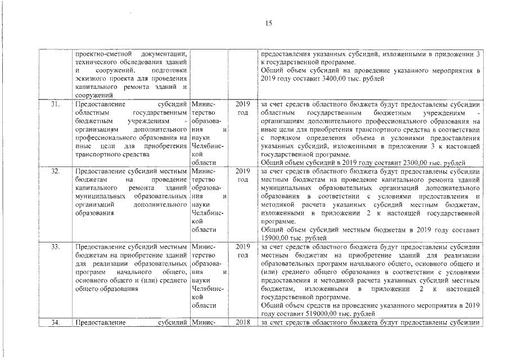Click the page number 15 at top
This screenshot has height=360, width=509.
pos(268,23)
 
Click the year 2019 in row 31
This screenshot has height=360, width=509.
pos(242,104)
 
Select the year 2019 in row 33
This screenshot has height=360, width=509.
pos(242,246)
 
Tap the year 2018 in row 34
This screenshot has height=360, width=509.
pos(242,322)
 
